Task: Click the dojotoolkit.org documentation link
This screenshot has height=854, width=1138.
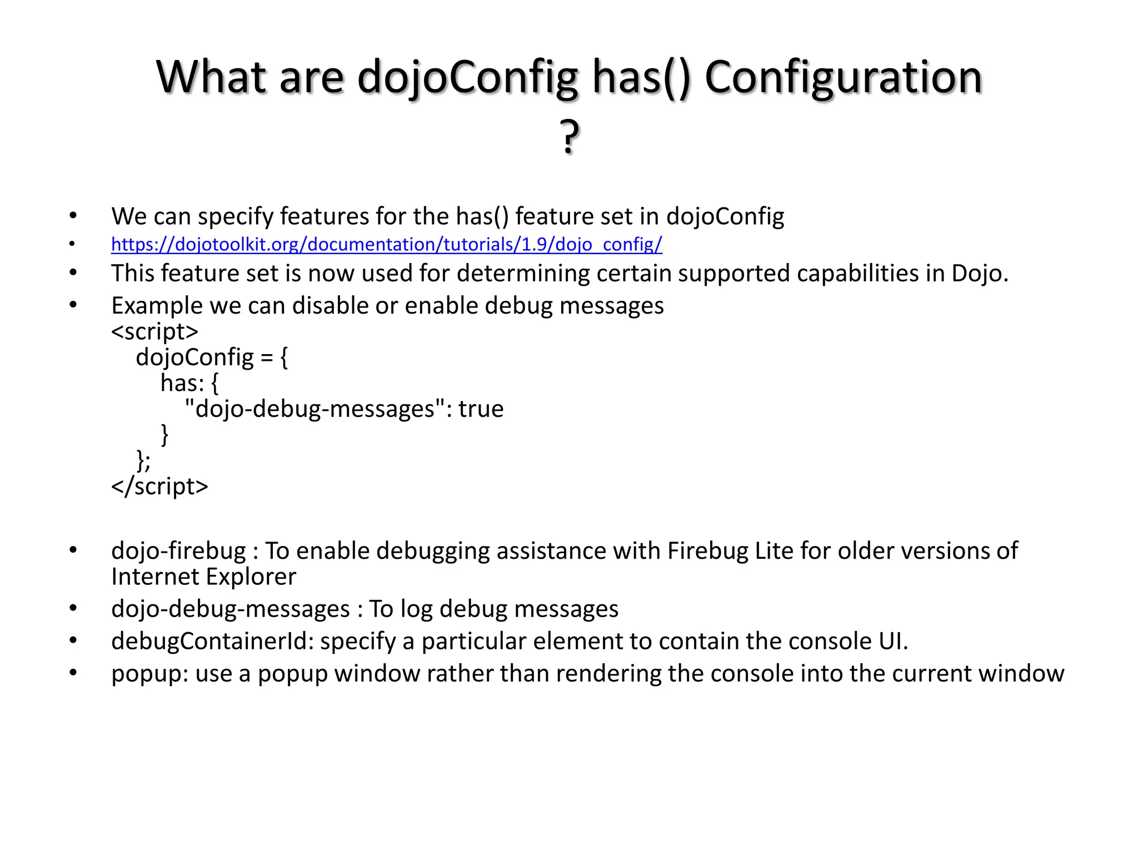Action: click(x=386, y=244)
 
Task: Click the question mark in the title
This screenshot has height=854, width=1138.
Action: click(x=569, y=137)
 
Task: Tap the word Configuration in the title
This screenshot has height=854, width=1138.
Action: click(x=843, y=77)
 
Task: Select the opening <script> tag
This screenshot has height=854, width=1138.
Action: click(x=154, y=331)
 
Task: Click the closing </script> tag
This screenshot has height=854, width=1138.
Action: click(x=159, y=486)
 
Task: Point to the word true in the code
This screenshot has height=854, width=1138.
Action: click(x=481, y=409)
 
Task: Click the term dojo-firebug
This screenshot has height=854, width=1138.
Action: click(x=178, y=551)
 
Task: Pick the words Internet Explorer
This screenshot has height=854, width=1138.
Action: click(x=203, y=577)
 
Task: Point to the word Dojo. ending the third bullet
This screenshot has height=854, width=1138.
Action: click(x=980, y=273)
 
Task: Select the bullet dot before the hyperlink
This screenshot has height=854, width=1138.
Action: click(x=72, y=244)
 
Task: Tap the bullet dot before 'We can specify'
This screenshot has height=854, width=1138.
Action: click(x=73, y=216)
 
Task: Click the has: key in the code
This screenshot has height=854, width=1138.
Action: click(x=182, y=383)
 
